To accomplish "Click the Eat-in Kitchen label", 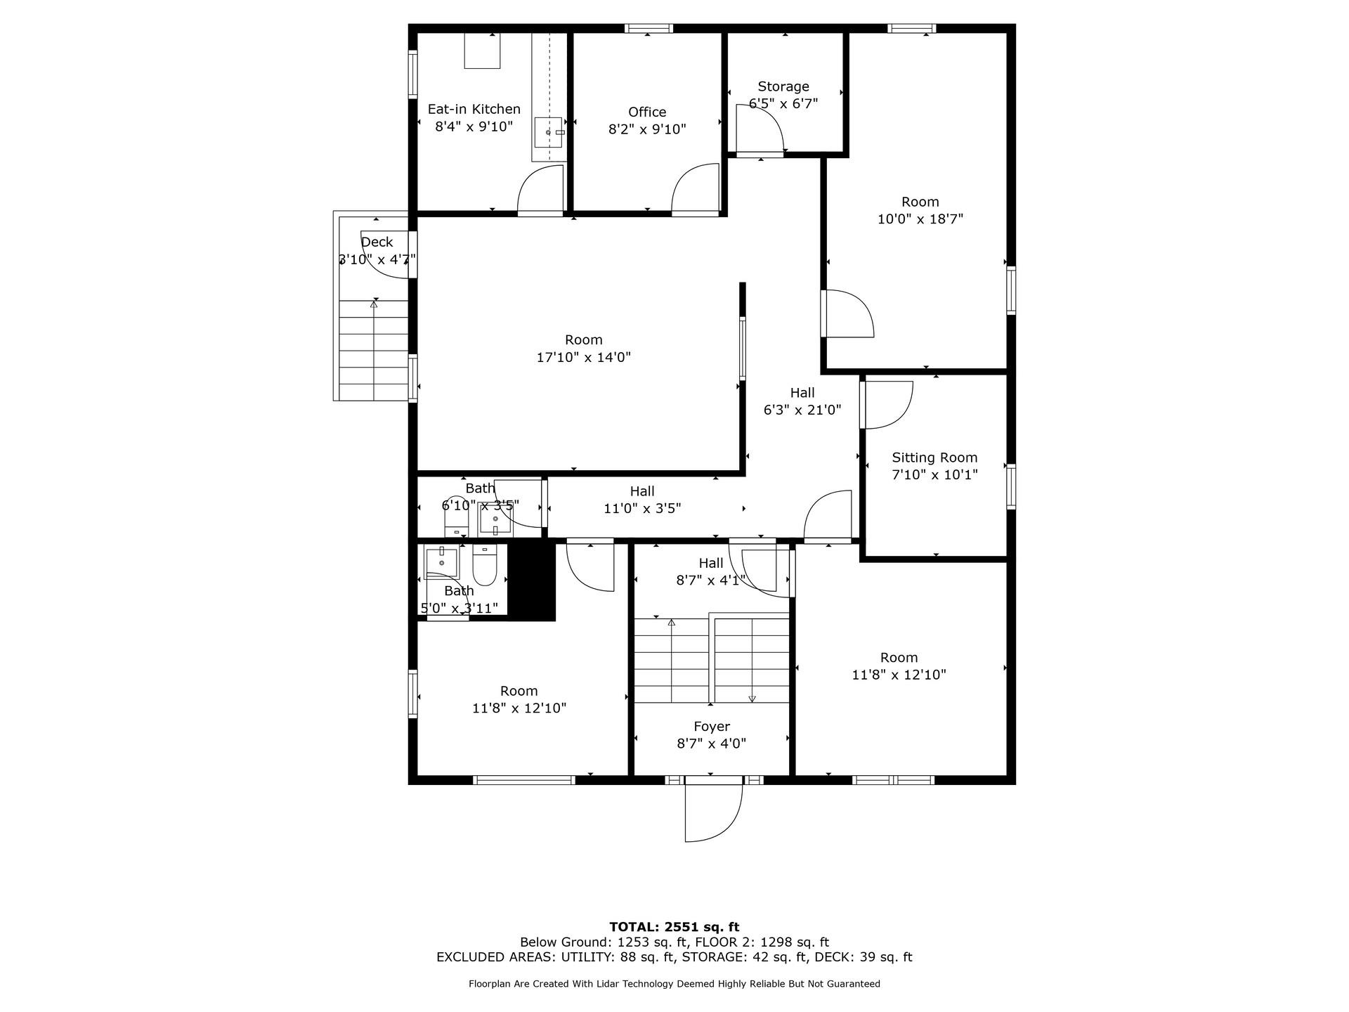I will pyautogui.click(x=474, y=109).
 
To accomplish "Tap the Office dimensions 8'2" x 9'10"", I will pyautogui.click(x=646, y=129).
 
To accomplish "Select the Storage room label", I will pyautogui.click(x=783, y=86).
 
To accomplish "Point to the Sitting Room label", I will pyautogui.click(x=934, y=458).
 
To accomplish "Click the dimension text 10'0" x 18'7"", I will pyautogui.click(x=920, y=219).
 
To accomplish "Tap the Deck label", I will pyautogui.click(x=377, y=242).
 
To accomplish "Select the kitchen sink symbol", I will pyautogui.click(x=548, y=132).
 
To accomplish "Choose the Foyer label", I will pyautogui.click(x=711, y=727).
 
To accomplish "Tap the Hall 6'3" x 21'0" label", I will pyautogui.click(x=802, y=393).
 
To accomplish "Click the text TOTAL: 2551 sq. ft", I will pyautogui.click(x=674, y=927).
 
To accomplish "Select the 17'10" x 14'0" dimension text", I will pyautogui.click(x=583, y=357).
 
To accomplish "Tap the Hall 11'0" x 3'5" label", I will pyautogui.click(x=641, y=491).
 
